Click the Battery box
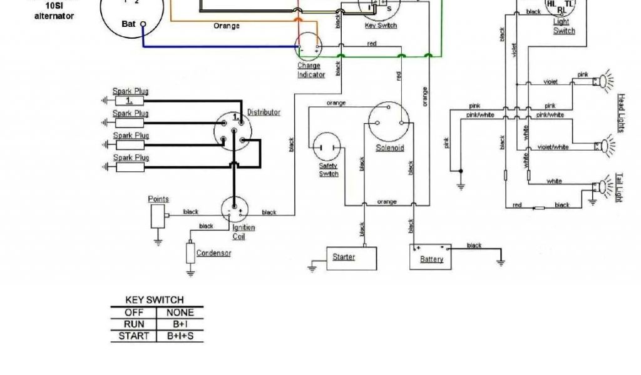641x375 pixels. click(431, 256)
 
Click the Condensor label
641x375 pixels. click(213, 253)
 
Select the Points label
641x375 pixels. click(158, 199)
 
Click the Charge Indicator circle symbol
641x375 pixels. click(309, 47)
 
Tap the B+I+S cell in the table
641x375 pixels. click(180, 336)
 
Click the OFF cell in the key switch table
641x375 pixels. click(134, 312)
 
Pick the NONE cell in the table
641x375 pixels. click(180, 312)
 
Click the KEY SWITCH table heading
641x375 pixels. click(155, 300)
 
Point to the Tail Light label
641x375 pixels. click(619, 187)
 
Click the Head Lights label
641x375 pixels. click(621, 113)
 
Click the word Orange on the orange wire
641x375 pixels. click(227, 26)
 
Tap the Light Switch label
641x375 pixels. click(563, 26)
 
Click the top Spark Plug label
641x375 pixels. click(130, 91)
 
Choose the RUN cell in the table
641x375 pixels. click(134, 324)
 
